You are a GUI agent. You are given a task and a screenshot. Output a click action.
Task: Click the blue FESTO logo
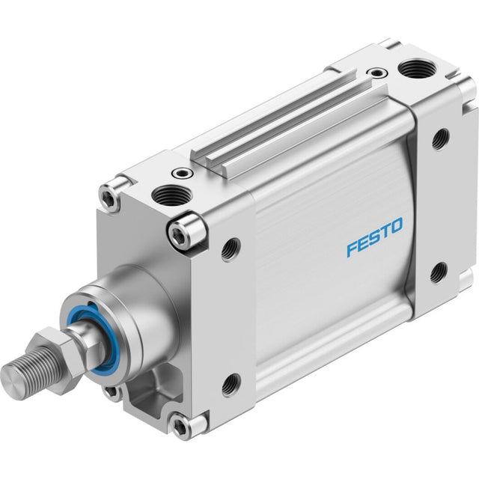pyautogui.click(x=375, y=237)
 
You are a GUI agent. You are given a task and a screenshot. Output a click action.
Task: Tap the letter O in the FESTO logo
pyautogui.click(x=397, y=226)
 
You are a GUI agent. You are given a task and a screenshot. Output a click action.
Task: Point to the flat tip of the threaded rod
pyautogui.click(x=11, y=381)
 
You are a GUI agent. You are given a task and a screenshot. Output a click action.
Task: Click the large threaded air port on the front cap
pyautogui.click(x=171, y=195)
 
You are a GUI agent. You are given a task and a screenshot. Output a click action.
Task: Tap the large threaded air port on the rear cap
pyautogui.click(x=418, y=70)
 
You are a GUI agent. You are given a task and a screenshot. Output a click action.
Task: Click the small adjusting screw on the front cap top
pyautogui.click(x=182, y=174)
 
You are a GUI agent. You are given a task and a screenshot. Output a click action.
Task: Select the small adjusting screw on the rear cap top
pyautogui.click(x=377, y=73)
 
